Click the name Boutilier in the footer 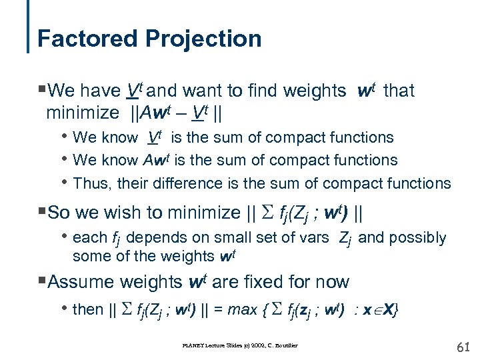(x=285, y=345)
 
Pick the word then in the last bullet (x=88, y=309)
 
